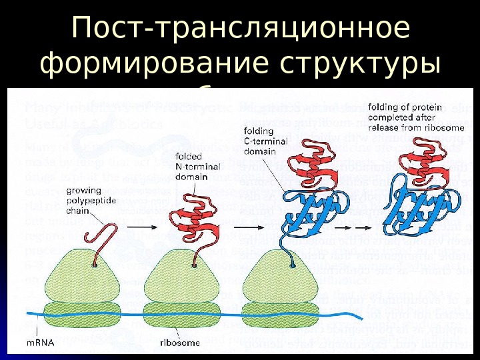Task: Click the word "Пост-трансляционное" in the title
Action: coord(241,28)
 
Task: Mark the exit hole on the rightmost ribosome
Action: coord(294,265)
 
